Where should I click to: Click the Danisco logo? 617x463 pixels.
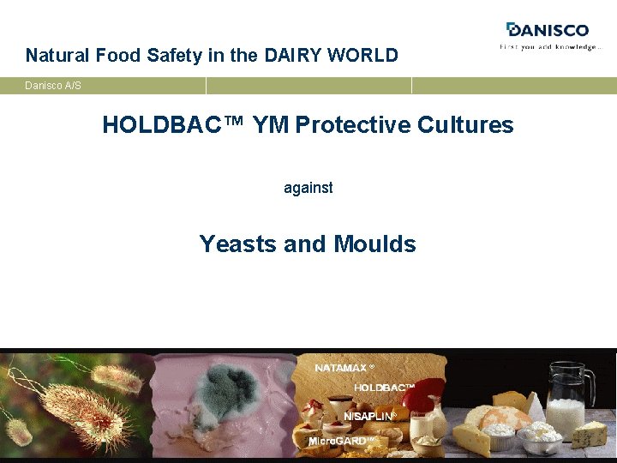coord(548,30)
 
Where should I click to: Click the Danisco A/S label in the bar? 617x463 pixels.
coord(53,86)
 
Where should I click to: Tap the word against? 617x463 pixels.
coord(308,187)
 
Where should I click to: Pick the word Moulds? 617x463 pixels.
coord(375,244)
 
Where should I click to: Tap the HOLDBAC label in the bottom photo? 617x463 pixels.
coord(384,388)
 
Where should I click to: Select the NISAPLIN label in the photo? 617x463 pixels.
coord(369,416)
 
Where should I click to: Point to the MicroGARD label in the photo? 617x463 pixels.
coord(341,441)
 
